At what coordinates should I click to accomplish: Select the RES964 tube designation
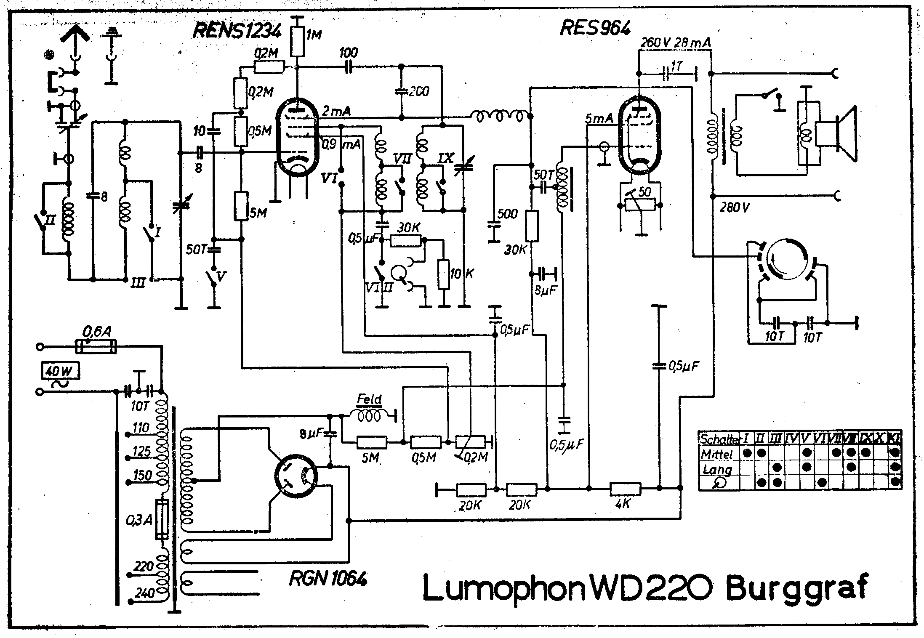point(595,28)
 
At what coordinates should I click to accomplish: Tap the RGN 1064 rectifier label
point(328,579)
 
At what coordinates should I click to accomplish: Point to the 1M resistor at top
point(298,42)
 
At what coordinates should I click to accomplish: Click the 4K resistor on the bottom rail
point(626,489)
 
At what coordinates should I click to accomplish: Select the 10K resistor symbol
point(443,274)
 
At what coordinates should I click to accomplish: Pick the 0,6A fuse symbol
point(96,347)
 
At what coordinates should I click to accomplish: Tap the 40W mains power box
point(59,372)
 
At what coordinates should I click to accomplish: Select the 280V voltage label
point(735,207)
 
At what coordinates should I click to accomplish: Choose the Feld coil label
point(369,399)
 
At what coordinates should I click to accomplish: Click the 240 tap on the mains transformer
point(144,593)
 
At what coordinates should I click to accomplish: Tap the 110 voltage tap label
point(141,428)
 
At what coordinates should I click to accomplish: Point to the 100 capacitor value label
point(349,53)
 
